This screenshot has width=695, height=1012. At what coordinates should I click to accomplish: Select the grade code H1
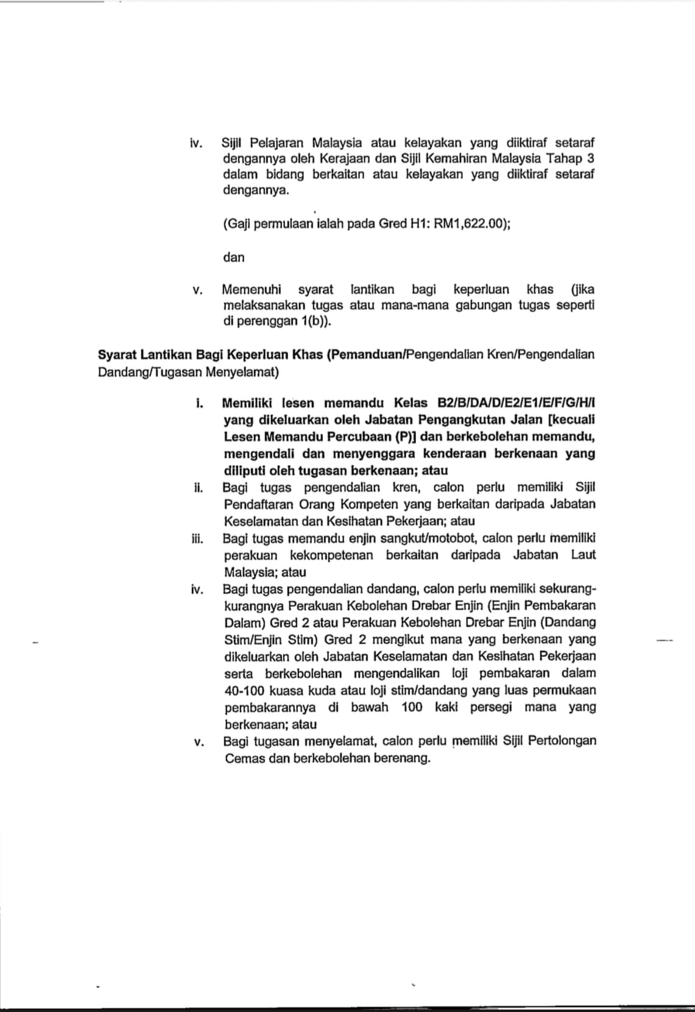pos(418,223)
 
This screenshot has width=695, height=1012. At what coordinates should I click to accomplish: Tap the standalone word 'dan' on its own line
pos(233,257)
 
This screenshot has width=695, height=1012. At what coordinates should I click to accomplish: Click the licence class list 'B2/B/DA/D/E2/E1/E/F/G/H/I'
pos(517,403)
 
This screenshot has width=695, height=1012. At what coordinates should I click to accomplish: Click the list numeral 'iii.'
pos(197,538)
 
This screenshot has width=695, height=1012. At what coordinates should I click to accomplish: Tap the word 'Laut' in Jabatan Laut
pos(583,555)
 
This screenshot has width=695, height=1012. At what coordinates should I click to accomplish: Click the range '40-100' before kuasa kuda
pos(244,690)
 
